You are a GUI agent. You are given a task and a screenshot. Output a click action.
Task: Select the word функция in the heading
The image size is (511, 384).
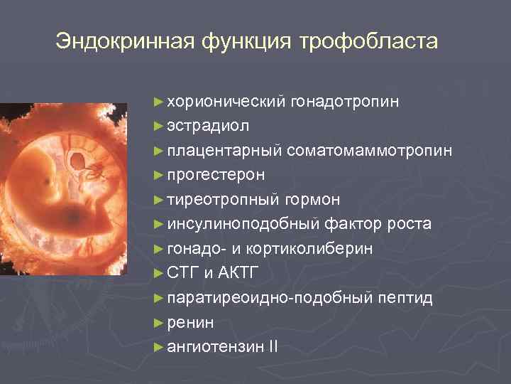(x=246, y=41)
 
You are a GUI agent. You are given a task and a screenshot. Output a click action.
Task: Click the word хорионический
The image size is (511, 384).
(x=226, y=102)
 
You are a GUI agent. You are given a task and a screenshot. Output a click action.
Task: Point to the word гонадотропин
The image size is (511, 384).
(x=344, y=102)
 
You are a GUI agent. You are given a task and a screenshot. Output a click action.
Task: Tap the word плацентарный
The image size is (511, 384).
(x=225, y=151)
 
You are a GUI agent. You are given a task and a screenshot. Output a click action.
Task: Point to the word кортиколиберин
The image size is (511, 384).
(x=319, y=249)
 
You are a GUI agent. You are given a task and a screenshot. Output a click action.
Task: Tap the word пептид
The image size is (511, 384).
(x=404, y=298)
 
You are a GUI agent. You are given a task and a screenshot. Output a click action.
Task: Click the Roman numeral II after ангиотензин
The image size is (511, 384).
(x=273, y=347)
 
